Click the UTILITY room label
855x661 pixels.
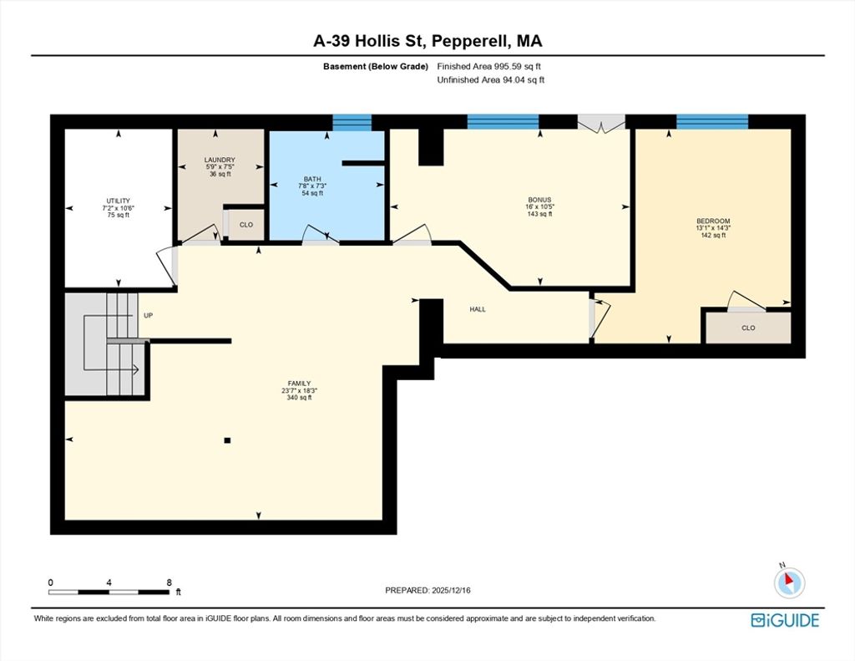click(119, 201)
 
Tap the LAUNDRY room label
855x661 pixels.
click(220, 160)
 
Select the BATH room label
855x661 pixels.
click(312, 179)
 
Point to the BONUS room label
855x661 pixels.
click(539, 200)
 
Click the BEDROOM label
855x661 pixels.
click(713, 221)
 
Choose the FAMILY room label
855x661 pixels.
click(300, 384)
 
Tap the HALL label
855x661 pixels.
click(478, 309)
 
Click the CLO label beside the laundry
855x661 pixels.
click(246, 225)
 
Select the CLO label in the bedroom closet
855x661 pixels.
click(748, 328)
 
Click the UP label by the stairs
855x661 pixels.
click(149, 316)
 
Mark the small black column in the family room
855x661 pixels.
click(227, 440)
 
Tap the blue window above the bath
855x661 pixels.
click(352, 123)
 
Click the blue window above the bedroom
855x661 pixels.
click(712, 122)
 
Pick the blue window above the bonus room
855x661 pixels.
click(503, 122)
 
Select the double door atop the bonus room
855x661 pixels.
click(601, 124)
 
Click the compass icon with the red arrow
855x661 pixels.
click(789, 582)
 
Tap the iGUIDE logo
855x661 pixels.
click(785, 621)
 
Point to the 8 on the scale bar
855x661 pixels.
click(169, 582)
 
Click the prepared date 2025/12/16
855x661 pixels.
click(451, 590)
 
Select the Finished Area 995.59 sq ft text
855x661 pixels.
click(488, 67)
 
